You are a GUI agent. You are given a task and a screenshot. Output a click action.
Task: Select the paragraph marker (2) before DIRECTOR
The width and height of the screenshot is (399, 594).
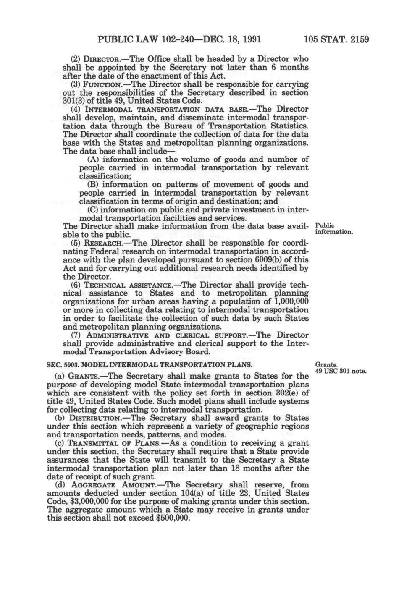[x=74, y=59]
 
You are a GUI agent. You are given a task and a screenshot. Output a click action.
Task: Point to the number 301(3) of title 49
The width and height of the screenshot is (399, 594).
[x=74, y=101]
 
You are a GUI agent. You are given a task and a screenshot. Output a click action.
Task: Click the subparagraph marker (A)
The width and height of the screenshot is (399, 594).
[x=93, y=160]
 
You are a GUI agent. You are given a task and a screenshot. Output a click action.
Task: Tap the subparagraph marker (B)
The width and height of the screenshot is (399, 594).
[x=93, y=185]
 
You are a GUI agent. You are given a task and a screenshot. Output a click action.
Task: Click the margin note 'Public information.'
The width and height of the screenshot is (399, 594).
[x=333, y=229]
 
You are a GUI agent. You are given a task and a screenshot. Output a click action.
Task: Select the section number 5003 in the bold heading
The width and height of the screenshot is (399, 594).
[x=67, y=364]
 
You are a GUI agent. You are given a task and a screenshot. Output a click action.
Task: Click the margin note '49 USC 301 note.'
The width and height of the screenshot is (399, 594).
[x=341, y=371]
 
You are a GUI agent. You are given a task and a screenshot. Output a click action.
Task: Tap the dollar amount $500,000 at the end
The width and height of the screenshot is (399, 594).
[x=173, y=518]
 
